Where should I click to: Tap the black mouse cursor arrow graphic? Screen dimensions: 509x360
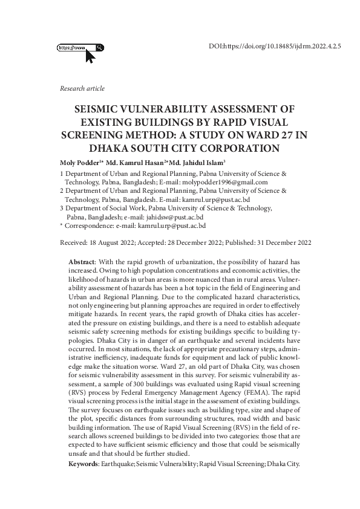coord(90,57)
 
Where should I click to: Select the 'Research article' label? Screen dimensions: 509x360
coord(82,89)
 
